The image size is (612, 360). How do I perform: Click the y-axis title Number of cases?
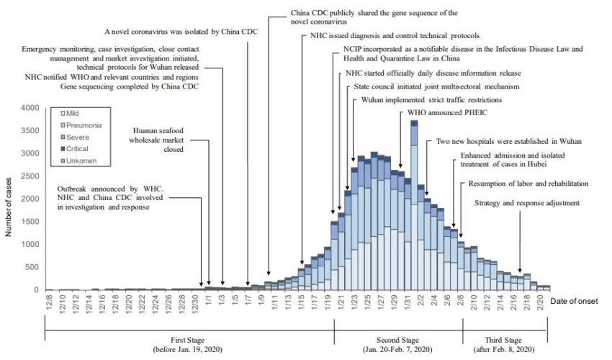[x=10, y=199]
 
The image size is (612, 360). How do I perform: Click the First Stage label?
[x=189, y=341]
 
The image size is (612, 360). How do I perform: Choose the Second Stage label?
[x=398, y=341]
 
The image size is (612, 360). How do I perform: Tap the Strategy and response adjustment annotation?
[x=526, y=203]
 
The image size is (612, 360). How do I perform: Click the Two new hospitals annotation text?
[x=508, y=141]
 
